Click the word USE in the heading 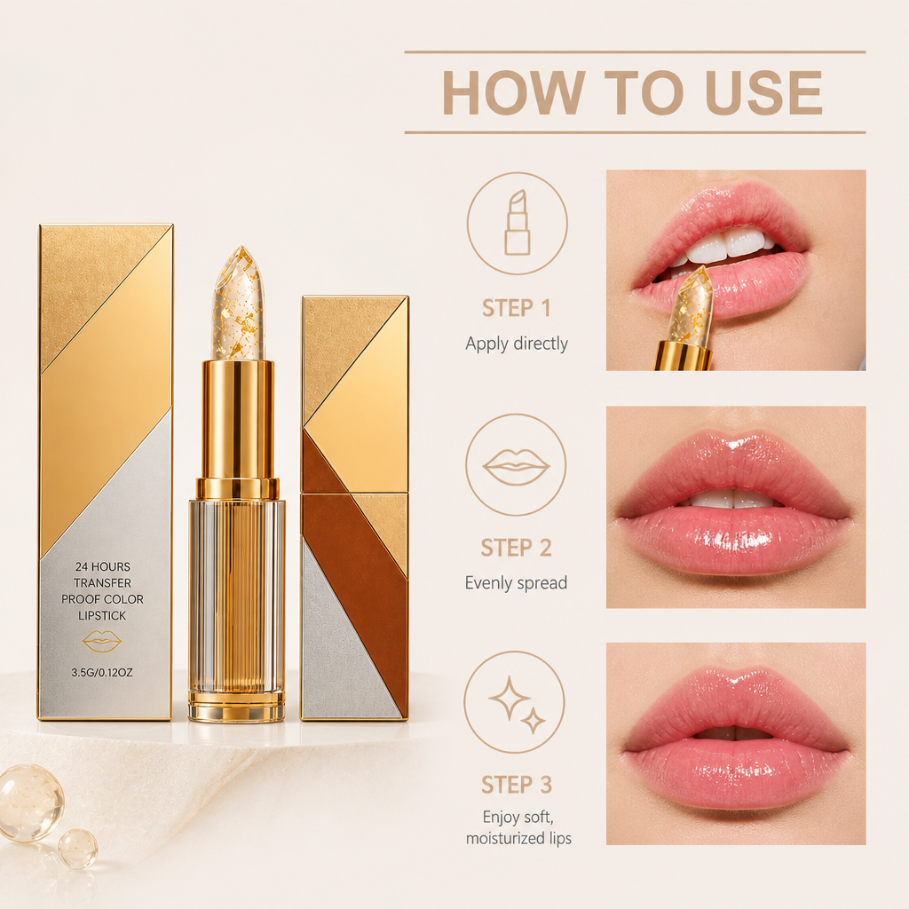764,92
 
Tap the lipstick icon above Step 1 518,223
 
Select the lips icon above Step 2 516,466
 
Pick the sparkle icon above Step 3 517,704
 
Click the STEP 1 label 517,308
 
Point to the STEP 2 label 516,548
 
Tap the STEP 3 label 517,785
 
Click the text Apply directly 517,344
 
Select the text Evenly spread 516,583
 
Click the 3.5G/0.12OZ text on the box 102,673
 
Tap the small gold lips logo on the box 102,641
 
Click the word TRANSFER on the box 103,583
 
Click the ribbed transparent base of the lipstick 236,603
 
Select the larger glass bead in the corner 31,802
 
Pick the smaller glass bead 77,849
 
